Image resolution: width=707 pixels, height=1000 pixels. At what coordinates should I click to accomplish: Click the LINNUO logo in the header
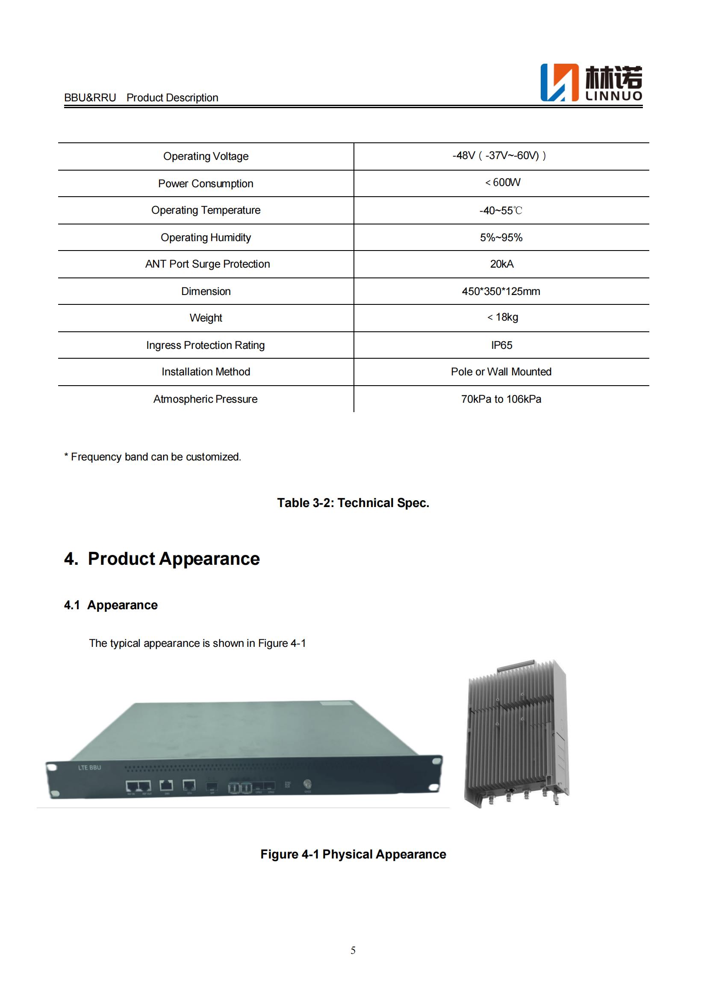(x=591, y=83)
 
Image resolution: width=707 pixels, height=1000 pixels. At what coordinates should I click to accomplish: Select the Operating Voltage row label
(x=206, y=156)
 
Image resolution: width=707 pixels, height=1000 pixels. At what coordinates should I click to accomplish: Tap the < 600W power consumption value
(x=502, y=183)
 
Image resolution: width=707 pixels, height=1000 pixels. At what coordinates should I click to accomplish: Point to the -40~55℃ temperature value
(x=501, y=211)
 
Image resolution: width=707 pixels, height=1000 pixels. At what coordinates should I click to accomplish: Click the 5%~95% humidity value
(x=501, y=237)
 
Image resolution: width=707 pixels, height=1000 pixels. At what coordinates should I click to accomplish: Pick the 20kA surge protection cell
(x=501, y=264)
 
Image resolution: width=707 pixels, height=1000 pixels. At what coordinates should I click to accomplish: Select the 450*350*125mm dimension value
(x=501, y=292)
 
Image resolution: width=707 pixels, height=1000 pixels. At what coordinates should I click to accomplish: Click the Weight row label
(x=206, y=318)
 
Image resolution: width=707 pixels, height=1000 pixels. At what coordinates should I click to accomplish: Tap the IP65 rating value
(x=501, y=345)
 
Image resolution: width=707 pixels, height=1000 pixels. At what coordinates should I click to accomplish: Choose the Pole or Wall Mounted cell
(x=501, y=372)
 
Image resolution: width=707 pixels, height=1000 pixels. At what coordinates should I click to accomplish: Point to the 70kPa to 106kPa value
(x=501, y=399)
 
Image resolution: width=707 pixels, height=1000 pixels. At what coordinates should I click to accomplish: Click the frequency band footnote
(x=152, y=457)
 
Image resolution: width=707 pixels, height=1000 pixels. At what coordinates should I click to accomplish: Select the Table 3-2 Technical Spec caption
(x=353, y=503)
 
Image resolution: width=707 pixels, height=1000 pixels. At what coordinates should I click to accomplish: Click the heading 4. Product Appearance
(x=162, y=559)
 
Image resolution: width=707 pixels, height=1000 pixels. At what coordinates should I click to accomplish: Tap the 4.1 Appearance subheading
(x=111, y=605)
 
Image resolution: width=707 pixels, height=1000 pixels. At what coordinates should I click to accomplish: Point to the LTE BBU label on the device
(x=90, y=767)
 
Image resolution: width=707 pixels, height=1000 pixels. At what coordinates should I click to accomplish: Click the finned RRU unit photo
(x=517, y=734)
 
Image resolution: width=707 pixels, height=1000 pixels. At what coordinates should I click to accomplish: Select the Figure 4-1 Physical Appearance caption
(x=353, y=854)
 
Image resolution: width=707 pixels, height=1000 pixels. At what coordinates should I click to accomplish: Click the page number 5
(x=353, y=950)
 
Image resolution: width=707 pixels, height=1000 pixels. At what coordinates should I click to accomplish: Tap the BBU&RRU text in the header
(x=90, y=97)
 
